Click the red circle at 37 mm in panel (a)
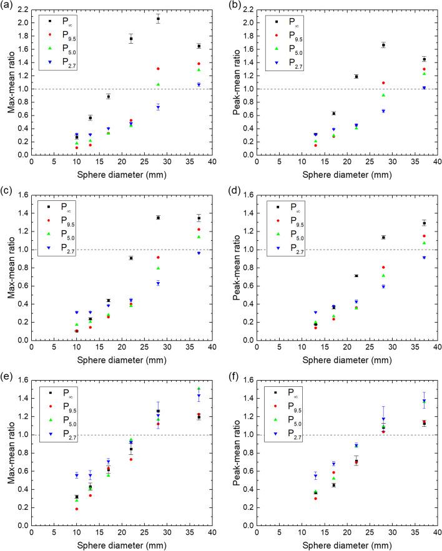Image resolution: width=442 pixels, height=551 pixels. click(199, 64)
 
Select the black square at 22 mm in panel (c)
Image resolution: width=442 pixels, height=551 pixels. click(130, 258)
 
